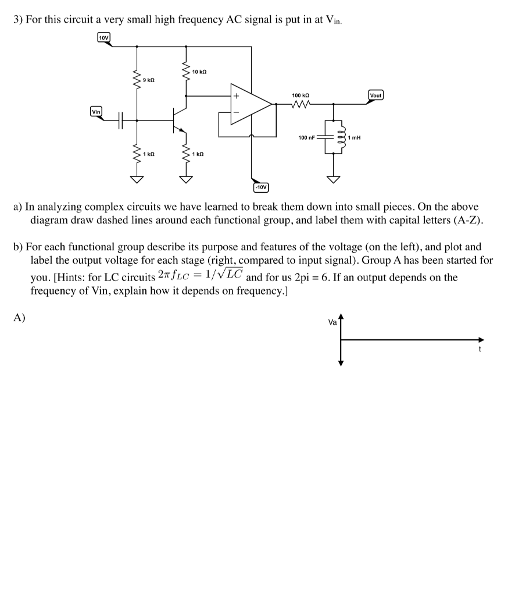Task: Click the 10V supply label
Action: point(103,38)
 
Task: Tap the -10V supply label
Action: point(261,187)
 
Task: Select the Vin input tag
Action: point(96,111)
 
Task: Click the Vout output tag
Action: point(376,95)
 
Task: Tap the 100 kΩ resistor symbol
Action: point(300,105)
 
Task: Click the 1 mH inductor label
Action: point(354,138)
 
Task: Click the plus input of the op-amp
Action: point(237,95)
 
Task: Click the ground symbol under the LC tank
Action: point(334,179)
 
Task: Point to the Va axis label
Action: point(332,322)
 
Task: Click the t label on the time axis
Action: point(480,349)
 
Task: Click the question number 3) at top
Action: point(18,19)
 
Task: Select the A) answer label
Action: point(20,318)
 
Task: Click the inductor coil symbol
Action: point(342,137)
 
